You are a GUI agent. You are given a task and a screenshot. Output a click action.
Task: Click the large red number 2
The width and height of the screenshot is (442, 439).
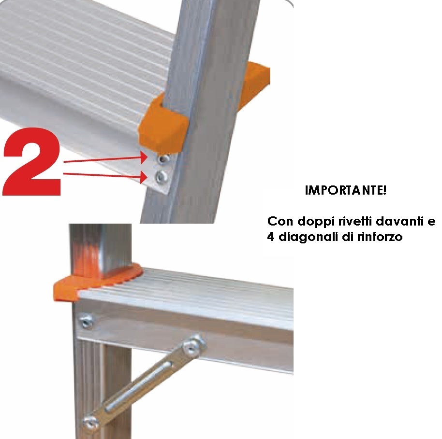click(31, 162)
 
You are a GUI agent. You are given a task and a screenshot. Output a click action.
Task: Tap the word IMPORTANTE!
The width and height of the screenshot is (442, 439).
click(346, 191)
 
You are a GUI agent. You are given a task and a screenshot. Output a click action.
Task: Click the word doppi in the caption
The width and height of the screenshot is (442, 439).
click(316, 222)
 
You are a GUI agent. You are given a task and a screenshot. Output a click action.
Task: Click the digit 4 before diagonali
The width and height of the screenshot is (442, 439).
click(271, 237)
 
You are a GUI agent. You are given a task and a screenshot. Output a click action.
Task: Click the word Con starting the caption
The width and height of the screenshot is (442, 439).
click(280, 222)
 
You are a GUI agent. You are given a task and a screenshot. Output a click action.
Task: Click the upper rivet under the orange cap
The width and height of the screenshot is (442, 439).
click(162, 159)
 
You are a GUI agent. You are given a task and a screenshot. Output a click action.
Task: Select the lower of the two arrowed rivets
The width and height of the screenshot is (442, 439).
click(161, 177)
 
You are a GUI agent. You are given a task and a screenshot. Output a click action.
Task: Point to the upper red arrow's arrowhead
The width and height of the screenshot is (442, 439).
click(144, 157)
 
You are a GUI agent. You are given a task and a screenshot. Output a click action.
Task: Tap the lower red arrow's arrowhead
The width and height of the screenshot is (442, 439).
click(144, 177)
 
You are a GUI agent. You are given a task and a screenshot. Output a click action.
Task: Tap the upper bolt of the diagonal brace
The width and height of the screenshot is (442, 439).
click(193, 345)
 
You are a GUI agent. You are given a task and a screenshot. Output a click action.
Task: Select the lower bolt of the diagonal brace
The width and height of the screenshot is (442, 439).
click(91, 422)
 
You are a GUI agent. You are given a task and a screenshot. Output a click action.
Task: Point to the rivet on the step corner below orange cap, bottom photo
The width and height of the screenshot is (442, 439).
click(86, 321)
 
